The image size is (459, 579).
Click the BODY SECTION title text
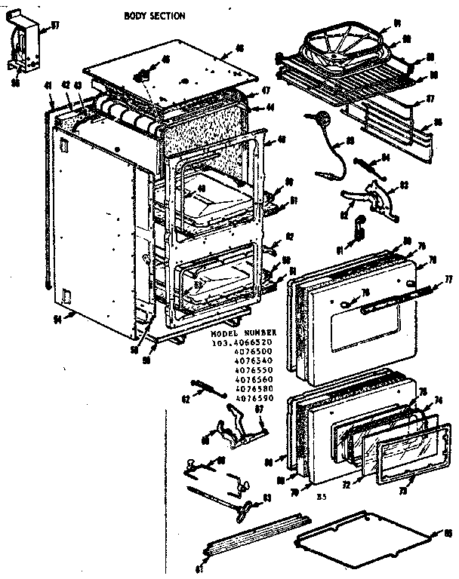coord(154,15)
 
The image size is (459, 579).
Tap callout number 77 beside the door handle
coord(447,279)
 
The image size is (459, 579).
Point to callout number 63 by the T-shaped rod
coord(267,498)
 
